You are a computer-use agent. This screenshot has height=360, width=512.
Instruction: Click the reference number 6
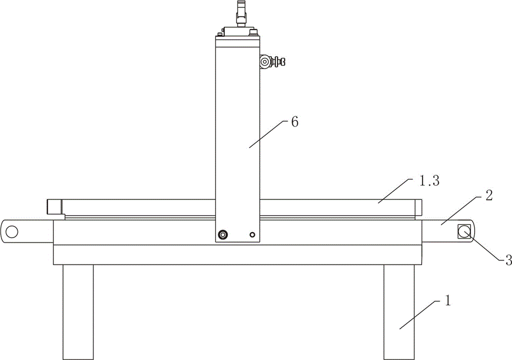[x=294, y=122]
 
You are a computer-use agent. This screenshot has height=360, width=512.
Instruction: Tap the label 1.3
[x=429, y=181]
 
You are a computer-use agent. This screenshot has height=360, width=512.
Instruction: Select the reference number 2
[x=489, y=195]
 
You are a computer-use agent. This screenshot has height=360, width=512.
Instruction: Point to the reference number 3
[x=508, y=260]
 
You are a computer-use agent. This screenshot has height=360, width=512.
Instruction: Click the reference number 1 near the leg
[x=447, y=301]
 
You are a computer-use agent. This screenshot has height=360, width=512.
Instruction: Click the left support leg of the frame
[x=78, y=312]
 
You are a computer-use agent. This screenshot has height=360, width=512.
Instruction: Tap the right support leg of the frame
[x=399, y=312]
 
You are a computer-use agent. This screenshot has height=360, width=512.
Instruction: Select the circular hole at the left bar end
[x=12, y=231]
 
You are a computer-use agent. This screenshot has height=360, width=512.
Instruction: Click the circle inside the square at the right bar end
[x=464, y=232]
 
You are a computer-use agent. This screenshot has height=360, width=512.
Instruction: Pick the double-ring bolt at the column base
[x=223, y=235]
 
